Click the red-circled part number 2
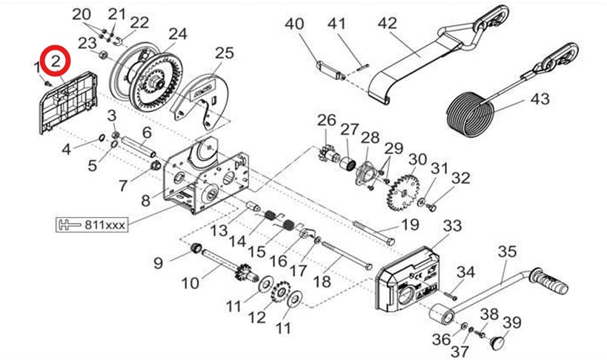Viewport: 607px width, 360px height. (x=56, y=61)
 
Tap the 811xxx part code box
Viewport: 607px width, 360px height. (x=92, y=224)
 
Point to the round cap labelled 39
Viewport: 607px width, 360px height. (x=498, y=343)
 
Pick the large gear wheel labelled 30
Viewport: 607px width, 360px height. (x=403, y=192)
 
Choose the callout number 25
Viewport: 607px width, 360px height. (x=225, y=53)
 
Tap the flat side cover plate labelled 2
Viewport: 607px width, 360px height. (x=68, y=103)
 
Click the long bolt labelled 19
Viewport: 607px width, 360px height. (x=374, y=233)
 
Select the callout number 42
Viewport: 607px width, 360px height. (x=387, y=23)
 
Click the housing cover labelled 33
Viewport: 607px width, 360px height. (x=407, y=279)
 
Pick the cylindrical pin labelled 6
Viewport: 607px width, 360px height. (x=139, y=147)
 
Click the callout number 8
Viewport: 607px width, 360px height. (x=145, y=201)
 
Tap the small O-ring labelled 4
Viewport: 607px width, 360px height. (x=102, y=138)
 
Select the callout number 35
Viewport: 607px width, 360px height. (x=507, y=252)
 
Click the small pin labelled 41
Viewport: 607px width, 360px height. (x=362, y=67)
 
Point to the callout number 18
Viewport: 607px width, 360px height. (x=322, y=281)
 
